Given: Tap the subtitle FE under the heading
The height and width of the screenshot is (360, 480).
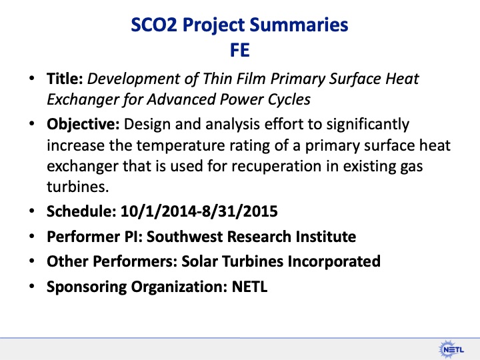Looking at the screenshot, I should pos(240,50).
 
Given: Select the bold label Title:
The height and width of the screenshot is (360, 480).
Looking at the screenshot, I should pos(65,79).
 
